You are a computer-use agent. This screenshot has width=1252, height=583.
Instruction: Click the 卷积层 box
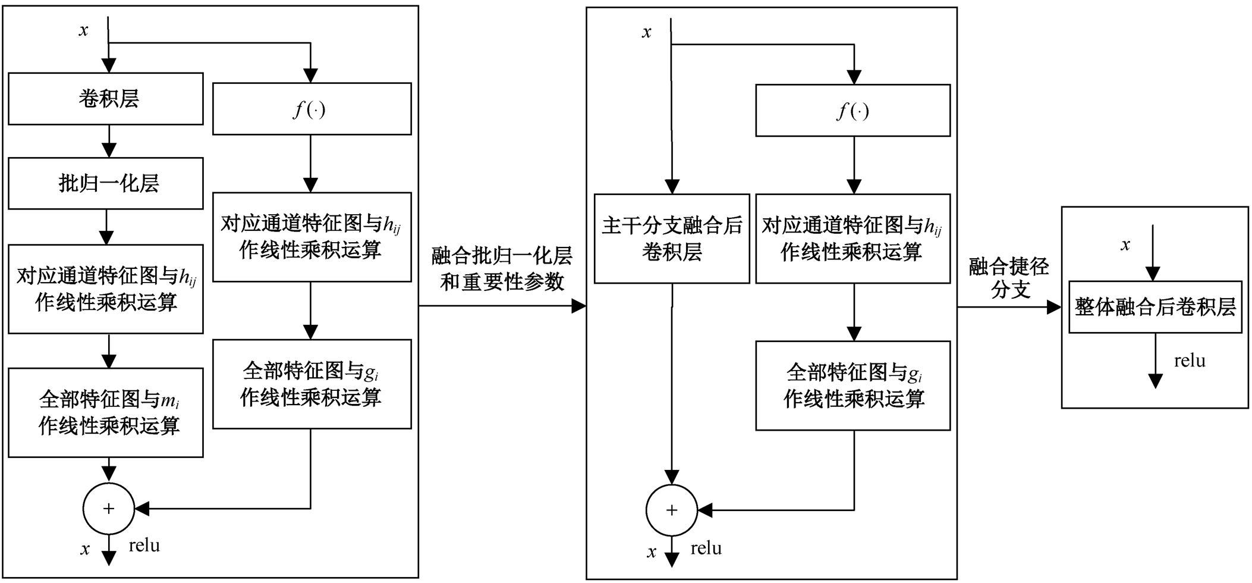(x=106, y=99)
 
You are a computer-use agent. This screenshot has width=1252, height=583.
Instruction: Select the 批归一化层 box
(x=106, y=183)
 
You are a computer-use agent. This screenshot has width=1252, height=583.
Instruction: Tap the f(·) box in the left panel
(x=312, y=109)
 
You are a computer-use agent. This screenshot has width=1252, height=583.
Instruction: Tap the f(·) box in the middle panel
(x=853, y=111)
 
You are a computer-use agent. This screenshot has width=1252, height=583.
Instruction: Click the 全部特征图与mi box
(x=106, y=412)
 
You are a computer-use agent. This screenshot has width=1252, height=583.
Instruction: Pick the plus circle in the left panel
(x=108, y=509)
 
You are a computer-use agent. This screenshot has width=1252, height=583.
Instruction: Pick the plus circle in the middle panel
(x=671, y=510)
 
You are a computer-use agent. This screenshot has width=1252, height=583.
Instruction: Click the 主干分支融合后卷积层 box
(x=672, y=239)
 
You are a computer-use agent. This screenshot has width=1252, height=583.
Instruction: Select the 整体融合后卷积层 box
(x=1155, y=307)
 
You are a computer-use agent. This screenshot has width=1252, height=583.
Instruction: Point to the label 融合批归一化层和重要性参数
(x=502, y=269)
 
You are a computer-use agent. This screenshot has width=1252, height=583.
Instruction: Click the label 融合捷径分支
(x=1009, y=278)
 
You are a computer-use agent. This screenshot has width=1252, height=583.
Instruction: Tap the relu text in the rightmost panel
(x=1190, y=361)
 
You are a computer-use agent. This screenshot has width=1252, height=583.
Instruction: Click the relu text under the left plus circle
(x=144, y=546)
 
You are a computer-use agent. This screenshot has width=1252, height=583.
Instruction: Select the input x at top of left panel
(x=84, y=31)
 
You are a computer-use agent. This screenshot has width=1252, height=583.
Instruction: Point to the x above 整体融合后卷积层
(x=1125, y=245)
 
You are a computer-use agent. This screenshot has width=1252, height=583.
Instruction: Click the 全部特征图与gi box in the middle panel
(x=853, y=385)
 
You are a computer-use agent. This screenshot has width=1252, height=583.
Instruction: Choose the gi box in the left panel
(x=312, y=384)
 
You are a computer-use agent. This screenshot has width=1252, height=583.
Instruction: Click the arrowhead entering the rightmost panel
(x=1054, y=307)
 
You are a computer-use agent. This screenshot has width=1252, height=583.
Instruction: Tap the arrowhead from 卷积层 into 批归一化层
(x=108, y=151)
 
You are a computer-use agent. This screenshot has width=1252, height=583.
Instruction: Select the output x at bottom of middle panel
(x=652, y=552)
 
